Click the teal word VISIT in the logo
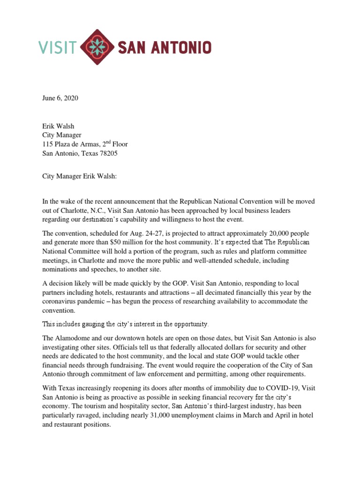tap(57, 47)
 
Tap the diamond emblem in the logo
tap(97, 47)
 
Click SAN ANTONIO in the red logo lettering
tap(164, 47)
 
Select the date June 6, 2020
tap(60, 98)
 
